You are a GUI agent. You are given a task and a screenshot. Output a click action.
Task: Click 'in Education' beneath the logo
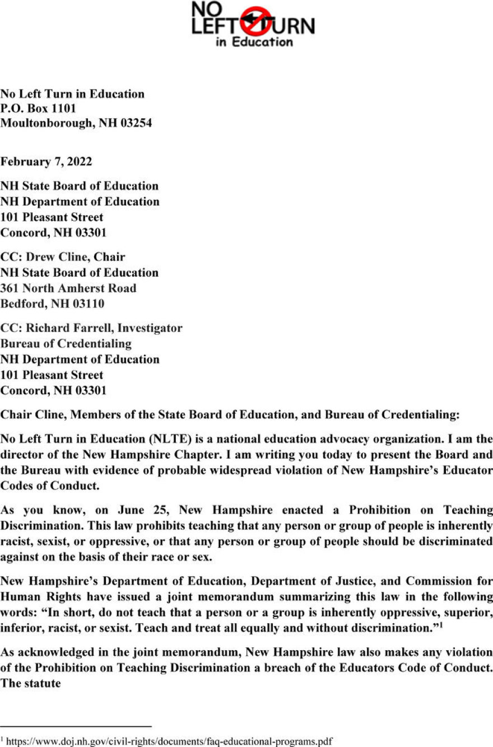[254, 42]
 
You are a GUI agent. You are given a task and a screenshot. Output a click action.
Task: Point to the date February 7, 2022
[46, 162]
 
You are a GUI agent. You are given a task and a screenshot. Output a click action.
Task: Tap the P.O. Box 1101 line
[38, 108]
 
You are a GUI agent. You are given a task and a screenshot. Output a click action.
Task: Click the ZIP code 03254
[133, 123]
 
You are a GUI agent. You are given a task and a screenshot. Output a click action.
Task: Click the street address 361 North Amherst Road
[68, 288]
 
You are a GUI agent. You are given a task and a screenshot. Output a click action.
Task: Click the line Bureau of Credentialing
[66, 343]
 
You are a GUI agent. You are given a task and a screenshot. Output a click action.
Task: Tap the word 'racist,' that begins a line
[17, 541]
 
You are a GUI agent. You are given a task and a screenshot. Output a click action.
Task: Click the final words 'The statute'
[30, 683]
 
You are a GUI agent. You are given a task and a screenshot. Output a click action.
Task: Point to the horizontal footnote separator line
[76, 726]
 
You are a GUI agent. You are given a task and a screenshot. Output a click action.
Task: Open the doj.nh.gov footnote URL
[169, 741]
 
